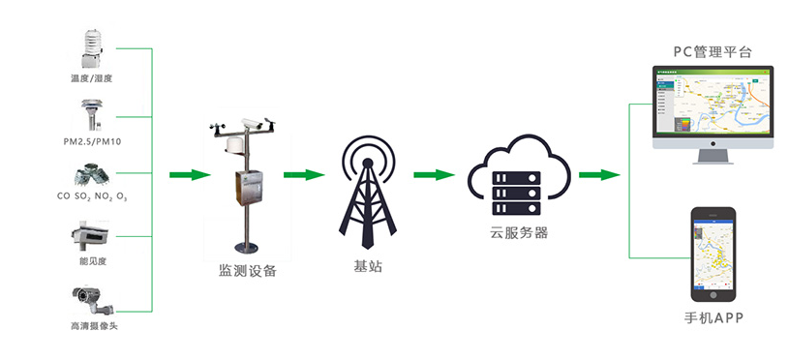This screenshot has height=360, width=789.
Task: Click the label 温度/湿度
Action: tap(93, 77)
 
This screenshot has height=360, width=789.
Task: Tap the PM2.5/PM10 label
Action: tap(93, 140)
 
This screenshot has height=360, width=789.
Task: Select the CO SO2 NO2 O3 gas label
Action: tap(93, 196)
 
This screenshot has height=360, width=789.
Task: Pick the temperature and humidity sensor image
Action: tap(92, 48)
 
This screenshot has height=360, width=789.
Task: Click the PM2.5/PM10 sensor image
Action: tap(92, 112)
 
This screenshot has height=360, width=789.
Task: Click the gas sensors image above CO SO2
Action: tap(92, 174)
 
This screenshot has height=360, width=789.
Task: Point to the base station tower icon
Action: tap(368, 189)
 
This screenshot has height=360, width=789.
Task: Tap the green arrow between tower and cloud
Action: tap(434, 175)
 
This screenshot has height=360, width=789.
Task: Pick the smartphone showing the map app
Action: tap(713, 253)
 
